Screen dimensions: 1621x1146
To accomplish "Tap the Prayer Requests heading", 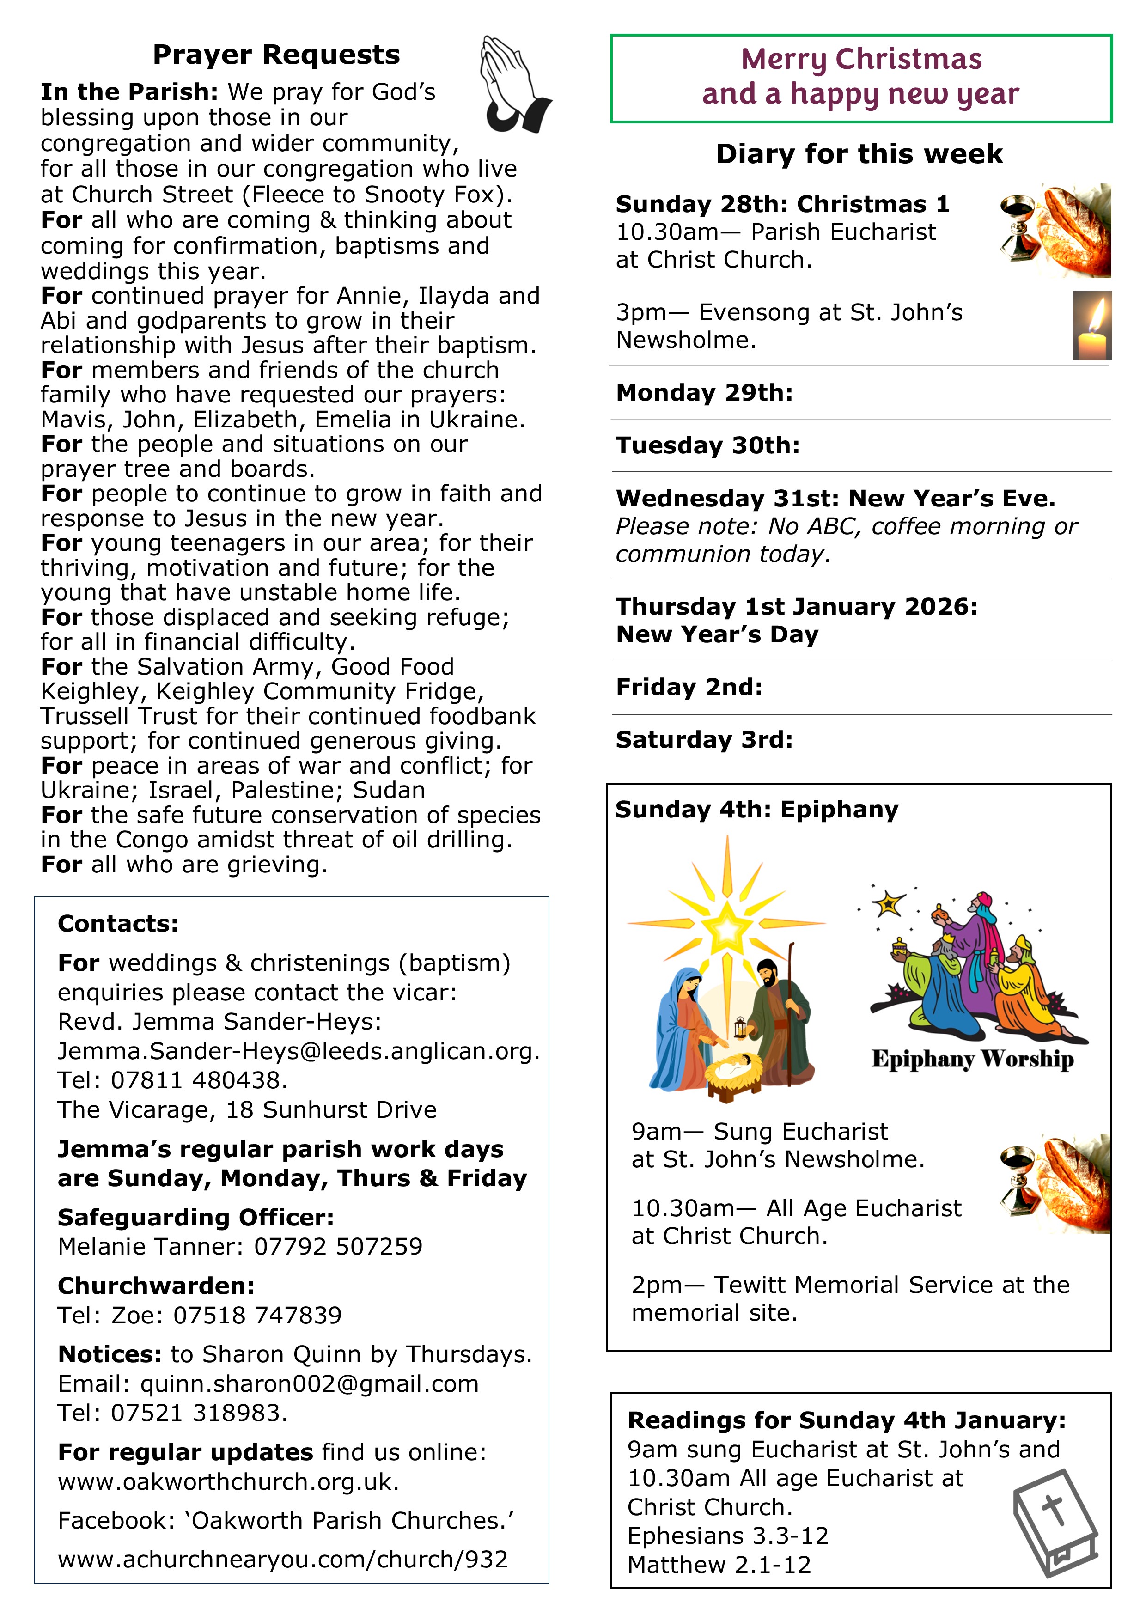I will click(276, 55).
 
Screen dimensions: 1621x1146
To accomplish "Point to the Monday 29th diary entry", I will click(704, 392).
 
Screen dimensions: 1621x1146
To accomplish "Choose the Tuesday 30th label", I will click(707, 445).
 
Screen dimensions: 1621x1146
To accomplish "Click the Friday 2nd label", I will click(689, 687).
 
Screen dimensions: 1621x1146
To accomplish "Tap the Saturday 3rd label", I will click(704, 740).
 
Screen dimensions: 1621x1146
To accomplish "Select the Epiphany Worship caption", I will click(972, 1059).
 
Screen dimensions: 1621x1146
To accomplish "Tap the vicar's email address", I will click(299, 1051).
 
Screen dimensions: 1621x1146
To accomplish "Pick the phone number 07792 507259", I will click(338, 1247).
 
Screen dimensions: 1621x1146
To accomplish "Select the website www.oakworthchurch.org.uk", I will click(228, 1481).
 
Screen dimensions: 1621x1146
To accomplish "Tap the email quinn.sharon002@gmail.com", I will click(309, 1384).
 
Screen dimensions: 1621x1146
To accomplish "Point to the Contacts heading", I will click(118, 923).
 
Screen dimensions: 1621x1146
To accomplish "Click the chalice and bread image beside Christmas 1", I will click(1055, 230).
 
